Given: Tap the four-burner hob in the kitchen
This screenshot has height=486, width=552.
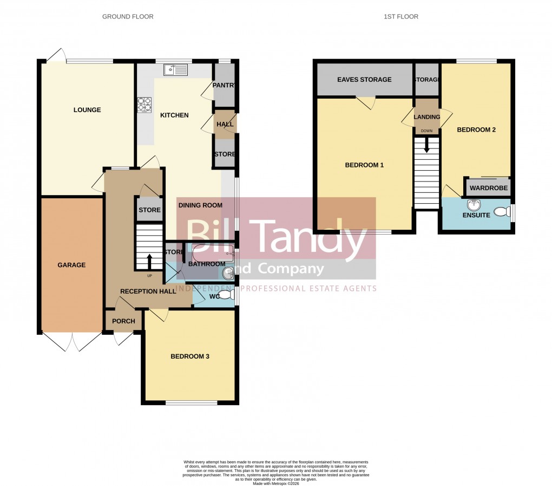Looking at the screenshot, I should pyautogui.click(x=144, y=104).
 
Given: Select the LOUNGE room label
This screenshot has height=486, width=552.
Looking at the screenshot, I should pyautogui.click(x=87, y=110).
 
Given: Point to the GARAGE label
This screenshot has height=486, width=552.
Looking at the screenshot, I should pyautogui.click(x=71, y=265).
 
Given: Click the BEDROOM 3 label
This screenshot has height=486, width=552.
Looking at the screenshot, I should pyautogui.click(x=190, y=357).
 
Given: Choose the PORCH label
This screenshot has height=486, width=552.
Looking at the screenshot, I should pyautogui.click(x=123, y=321).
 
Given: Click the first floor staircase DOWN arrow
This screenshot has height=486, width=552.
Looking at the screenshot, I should pyautogui.click(x=427, y=145).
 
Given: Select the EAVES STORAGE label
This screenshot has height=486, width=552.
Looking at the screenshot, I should pyautogui.click(x=364, y=80).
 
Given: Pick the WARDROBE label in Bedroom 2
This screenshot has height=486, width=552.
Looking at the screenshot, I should pyautogui.click(x=489, y=189).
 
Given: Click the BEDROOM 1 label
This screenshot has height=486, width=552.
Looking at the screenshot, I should pyautogui.click(x=364, y=165).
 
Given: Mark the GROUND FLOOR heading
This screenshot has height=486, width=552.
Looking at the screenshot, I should pyautogui.click(x=128, y=17).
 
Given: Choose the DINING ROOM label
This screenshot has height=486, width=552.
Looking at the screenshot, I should pyautogui.click(x=201, y=205).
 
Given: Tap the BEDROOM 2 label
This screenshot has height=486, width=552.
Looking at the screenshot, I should pyautogui.click(x=476, y=130).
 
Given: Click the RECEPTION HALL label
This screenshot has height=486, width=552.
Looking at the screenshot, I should pyautogui.click(x=148, y=291).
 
